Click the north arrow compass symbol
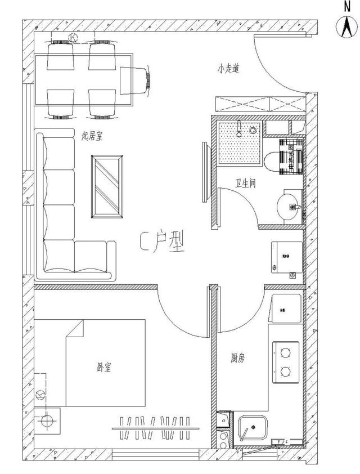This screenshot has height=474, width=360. [x=345, y=27]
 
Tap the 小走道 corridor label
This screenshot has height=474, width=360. [x=229, y=70]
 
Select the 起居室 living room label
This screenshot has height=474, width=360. [x=92, y=136]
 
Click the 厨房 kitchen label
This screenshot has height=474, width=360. [x=237, y=357]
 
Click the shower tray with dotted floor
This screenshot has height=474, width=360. [x=240, y=141]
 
